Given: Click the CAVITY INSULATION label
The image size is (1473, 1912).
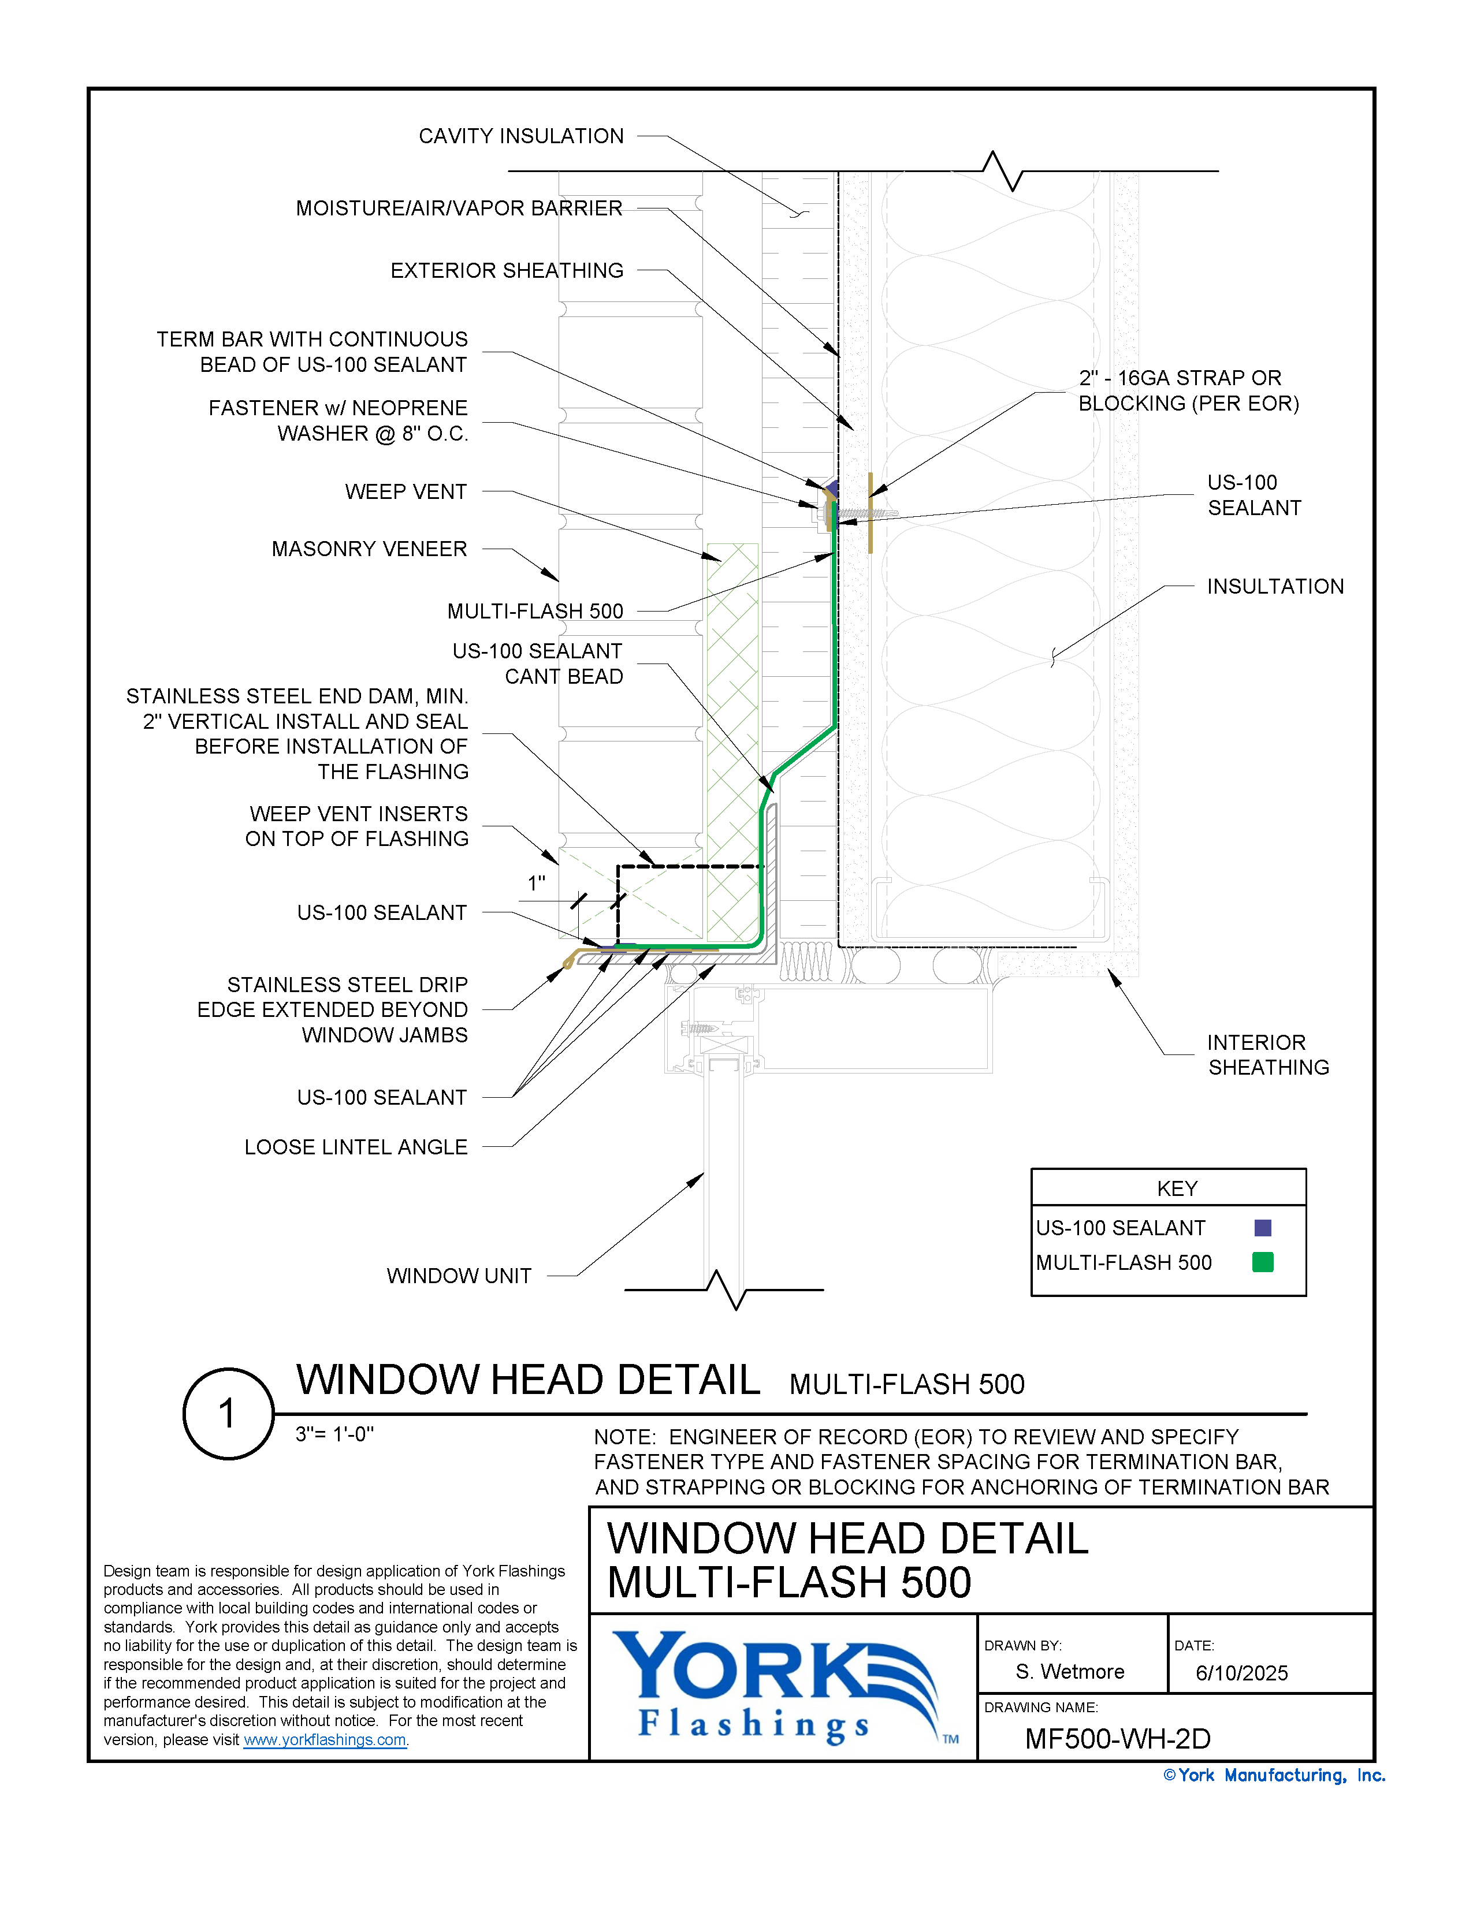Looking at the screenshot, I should pos(520,136).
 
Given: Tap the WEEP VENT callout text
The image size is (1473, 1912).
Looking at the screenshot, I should pos(406,492).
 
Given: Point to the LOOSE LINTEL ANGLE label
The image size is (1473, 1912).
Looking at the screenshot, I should pos(356,1147).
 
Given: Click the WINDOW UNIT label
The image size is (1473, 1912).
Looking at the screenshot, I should pos(459,1276).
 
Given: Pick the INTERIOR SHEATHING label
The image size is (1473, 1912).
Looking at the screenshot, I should pos(1267,1055).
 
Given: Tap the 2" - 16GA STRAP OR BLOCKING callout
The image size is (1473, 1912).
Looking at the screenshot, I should pos(1188,390).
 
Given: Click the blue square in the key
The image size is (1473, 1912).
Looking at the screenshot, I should pos(1262,1227).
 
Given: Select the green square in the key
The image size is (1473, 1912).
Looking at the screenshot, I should pos(1262,1262).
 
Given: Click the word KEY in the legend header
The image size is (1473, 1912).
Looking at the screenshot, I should pos(1176,1188).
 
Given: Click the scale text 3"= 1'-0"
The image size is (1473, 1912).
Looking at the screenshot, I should pos(334,1434).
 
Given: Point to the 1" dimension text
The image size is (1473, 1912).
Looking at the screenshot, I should pos(536,884).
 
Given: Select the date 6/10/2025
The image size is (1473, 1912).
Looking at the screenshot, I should pos(1241,1673).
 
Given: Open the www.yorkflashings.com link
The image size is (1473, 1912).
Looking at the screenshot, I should pos(324,1739).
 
